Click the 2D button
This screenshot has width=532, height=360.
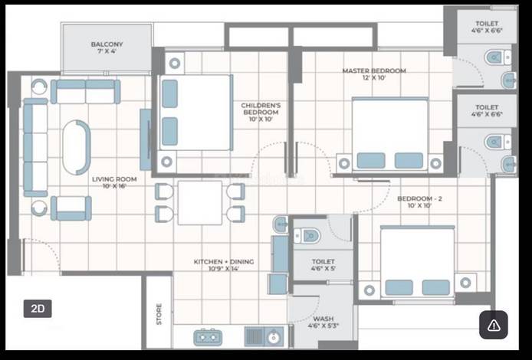(x=38, y=309)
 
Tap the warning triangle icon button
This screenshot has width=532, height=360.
(x=494, y=325)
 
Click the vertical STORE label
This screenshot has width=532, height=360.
(x=159, y=315)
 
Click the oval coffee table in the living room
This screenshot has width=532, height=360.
(x=77, y=147)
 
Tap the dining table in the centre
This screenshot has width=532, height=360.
(x=199, y=202)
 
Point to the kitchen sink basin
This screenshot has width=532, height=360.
(x=274, y=335)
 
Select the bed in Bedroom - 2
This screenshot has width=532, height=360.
(x=417, y=260)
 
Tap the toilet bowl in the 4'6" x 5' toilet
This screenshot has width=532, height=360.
(x=310, y=235)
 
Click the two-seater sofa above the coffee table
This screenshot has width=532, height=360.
(x=85, y=91)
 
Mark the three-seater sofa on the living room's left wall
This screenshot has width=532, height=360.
(x=34, y=147)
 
